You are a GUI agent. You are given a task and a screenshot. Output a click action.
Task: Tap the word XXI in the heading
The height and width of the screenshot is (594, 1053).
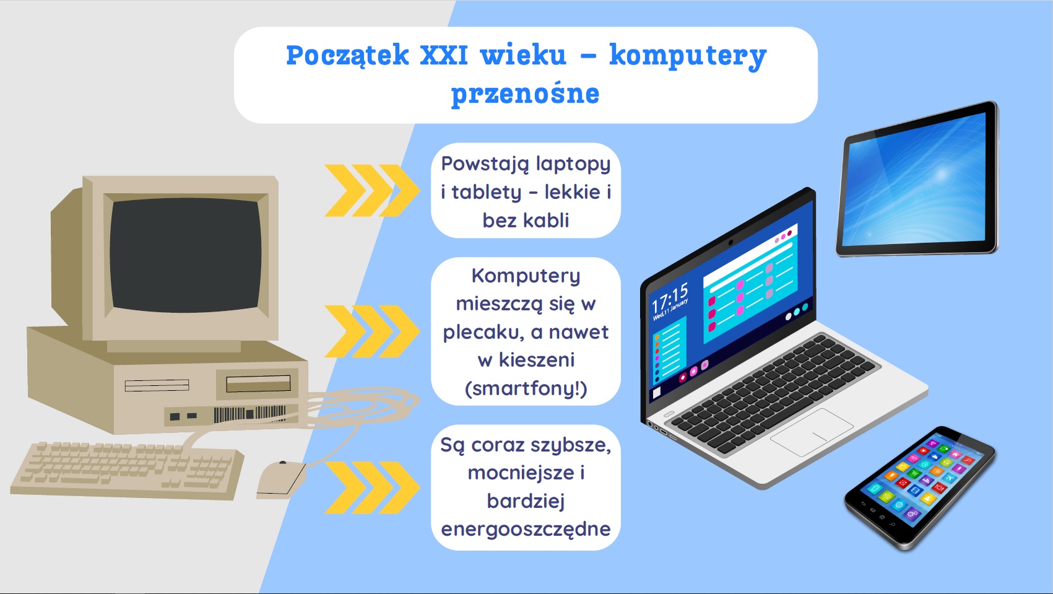(444, 55)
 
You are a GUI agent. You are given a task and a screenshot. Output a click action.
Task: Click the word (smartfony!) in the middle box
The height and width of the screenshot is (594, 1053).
(526, 389)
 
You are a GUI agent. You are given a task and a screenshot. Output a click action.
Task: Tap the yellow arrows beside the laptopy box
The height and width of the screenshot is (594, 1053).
(371, 191)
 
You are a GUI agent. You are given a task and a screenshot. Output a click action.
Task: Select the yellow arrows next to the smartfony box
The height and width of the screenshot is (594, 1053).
(371, 331)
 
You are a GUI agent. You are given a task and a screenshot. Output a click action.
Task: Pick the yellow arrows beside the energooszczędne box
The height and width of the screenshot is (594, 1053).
(371, 487)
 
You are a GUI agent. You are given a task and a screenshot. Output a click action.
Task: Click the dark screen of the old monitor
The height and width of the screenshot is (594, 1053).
(185, 255)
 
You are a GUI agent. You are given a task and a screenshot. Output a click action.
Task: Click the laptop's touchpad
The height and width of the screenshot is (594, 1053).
(812, 432)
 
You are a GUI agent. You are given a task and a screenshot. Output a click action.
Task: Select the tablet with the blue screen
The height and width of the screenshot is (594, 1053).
(917, 180)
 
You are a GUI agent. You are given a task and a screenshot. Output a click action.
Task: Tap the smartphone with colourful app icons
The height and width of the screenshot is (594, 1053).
(920, 487)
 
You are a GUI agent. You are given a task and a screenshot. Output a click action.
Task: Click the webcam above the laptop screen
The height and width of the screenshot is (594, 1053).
(730, 242)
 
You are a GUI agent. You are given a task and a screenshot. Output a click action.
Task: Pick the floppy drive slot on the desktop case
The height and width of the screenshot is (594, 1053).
(258, 383)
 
